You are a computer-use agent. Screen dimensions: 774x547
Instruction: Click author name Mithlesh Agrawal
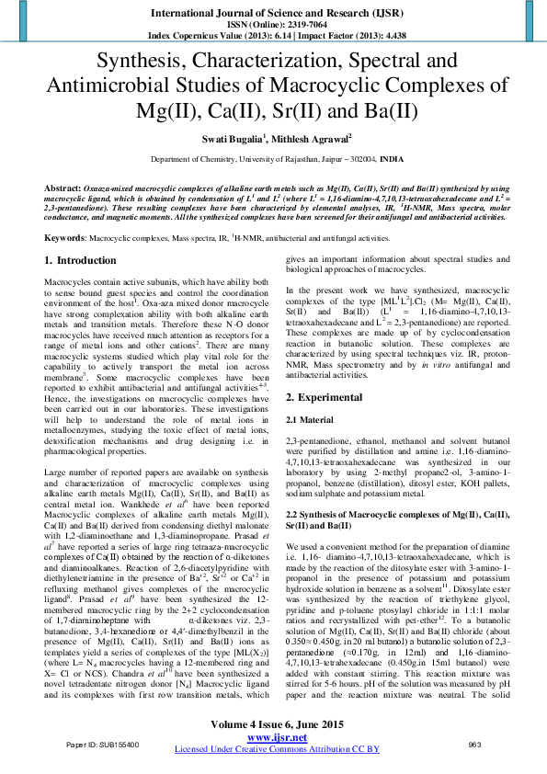pyautogui.click(x=312, y=139)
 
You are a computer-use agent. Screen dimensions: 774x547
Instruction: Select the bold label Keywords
pyautogui.click(x=65, y=237)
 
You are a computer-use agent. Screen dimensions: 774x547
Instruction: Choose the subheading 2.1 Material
pyautogui.click(x=313, y=419)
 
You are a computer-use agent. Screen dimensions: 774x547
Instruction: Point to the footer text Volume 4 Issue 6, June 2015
pyautogui.click(x=273, y=724)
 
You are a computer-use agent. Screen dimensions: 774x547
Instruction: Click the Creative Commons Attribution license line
pyautogui.click(x=273, y=748)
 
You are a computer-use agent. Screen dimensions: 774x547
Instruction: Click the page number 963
pyautogui.click(x=475, y=743)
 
